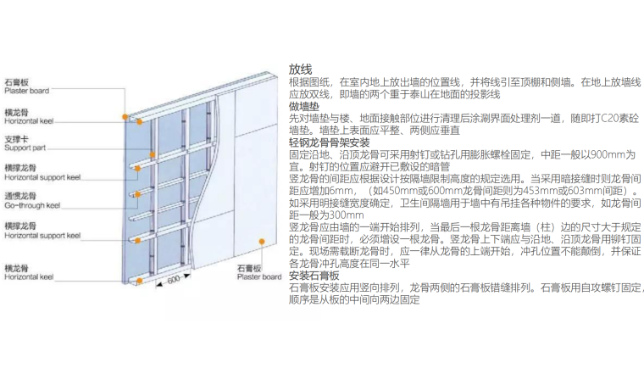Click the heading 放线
(x=301, y=68)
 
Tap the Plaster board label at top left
(x=26, y=91)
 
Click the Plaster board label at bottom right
(x=259, y=276)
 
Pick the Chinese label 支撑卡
(x=17, y=138)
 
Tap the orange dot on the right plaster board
(x=262, y=242)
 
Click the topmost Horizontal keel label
(x=29, y=120)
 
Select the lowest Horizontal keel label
(x=29, y=276)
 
